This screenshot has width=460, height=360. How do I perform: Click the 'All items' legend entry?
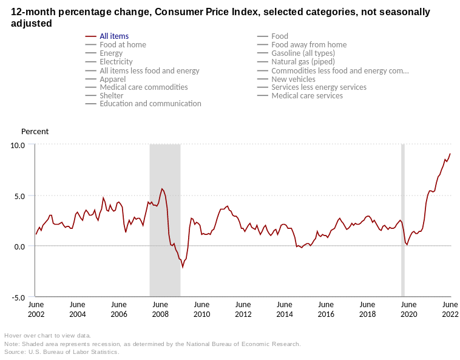coord(114,36)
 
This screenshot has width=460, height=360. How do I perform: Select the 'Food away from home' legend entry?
coord(309,45)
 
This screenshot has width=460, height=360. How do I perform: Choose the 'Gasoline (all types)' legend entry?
coord(303,53)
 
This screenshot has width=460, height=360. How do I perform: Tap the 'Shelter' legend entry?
coord(111,96)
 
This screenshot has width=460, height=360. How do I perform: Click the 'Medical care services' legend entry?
coord(307,96)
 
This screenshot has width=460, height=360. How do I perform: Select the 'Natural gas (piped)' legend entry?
coord(303,62)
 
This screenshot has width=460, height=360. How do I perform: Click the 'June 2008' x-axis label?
coord(160,309)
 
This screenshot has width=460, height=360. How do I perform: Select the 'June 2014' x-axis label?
coord(284,309)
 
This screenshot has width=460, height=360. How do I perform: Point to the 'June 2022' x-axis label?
coord(450,309)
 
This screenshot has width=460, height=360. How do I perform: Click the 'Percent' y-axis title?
coord(35,132)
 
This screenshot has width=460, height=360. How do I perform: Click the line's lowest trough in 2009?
coord(183,267)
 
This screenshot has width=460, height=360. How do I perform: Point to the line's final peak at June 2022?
coord(450,154)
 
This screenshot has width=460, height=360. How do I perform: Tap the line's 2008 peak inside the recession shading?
coord(162,189)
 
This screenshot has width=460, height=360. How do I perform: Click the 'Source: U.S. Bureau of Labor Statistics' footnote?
coord(62,352)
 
